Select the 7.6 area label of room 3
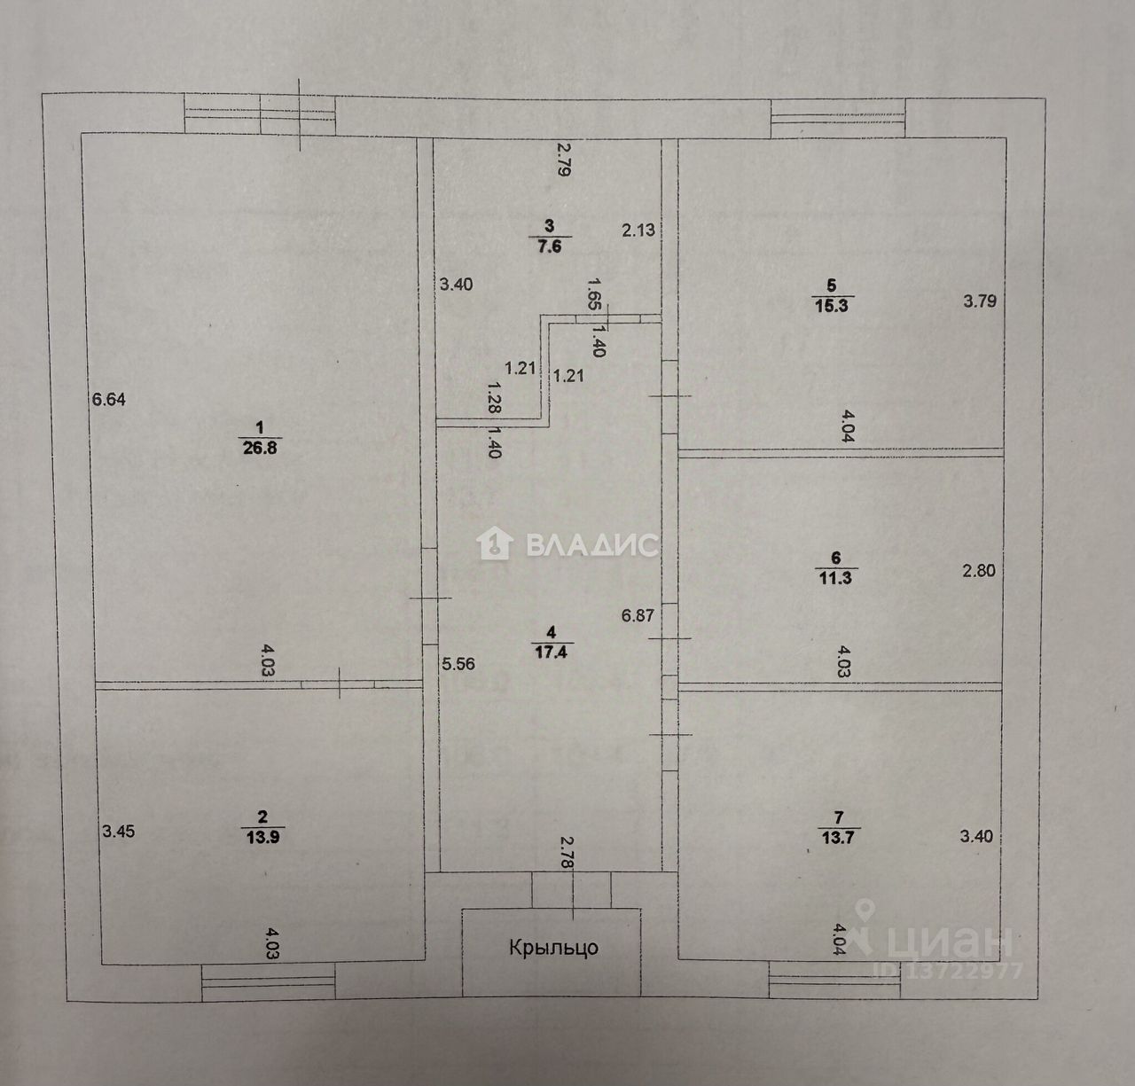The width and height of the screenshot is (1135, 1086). pyautogui.click(x=550, y=246)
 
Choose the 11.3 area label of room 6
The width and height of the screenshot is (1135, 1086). pyautogui.click(x=834, y=578)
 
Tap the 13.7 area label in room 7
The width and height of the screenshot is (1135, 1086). pyautogui.click(x=838, y=837)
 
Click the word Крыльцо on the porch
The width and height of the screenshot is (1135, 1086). pyautogui.click(x=553, y=948)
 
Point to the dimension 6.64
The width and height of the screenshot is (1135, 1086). pyautogui.click(x=109, y=400)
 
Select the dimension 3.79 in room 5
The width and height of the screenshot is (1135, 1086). pyautogui.click(x=980, y=301)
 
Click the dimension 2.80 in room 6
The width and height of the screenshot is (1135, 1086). pyautogui.click(x=979, y=571)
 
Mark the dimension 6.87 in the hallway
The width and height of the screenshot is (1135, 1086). pyautogui.click(x=638, y=614)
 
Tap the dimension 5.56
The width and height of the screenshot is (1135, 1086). pyautogui.click(x=458, y=663)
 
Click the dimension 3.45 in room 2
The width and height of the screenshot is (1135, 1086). pyautogui.click(x=119, y=832)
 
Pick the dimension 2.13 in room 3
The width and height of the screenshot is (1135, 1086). pyautogui.click(x=638, y=230)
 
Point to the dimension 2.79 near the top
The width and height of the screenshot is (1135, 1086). pyautogui.click(x=562, y=160)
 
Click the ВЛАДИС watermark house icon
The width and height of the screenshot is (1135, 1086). pyautogui.click(x=494, y=543)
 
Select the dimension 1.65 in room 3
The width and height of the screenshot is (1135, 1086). pyautogui.click(x=595, y=293)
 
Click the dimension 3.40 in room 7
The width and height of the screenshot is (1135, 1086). pyautogui.click(x=976, y=835)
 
